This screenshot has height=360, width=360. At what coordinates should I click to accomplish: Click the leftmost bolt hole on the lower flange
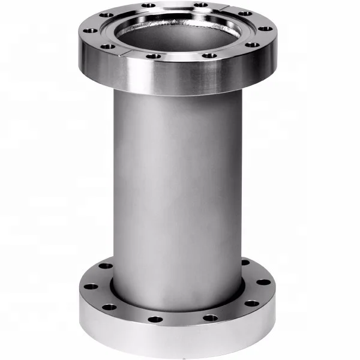(91, 286)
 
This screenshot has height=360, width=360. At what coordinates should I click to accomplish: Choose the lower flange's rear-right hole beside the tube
(245, 262)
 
